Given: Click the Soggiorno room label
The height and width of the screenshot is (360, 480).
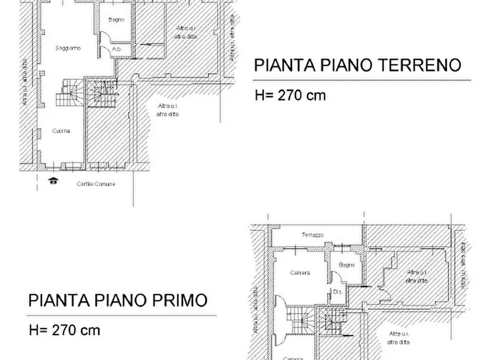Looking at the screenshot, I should click(68, 48).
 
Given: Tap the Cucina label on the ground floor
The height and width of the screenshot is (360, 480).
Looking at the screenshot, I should click(61, 131).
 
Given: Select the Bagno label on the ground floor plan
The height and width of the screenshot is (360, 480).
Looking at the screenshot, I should click(116, 20).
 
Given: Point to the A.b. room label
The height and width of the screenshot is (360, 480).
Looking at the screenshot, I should click(117, 49).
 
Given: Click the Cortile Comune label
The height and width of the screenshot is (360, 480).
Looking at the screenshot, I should click(96, 184).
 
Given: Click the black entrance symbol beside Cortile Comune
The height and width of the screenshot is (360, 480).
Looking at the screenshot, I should click(53, 181).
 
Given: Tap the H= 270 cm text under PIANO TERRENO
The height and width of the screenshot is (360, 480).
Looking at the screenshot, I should click(290, 96).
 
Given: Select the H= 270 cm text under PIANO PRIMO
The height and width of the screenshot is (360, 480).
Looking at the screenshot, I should click(65, 330).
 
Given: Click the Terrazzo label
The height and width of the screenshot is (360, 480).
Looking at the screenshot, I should click(312, 235).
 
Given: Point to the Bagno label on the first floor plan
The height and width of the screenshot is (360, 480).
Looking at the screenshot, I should click(347, 265).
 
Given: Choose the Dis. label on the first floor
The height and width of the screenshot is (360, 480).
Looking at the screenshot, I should click(338, 292).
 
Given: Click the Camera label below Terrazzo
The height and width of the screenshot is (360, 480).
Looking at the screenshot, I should click(300, 273).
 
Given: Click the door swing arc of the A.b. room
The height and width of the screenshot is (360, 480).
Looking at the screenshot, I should click(104, 51).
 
